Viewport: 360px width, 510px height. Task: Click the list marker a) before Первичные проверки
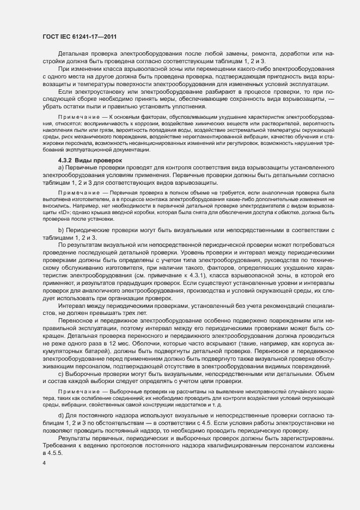[60, 168]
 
